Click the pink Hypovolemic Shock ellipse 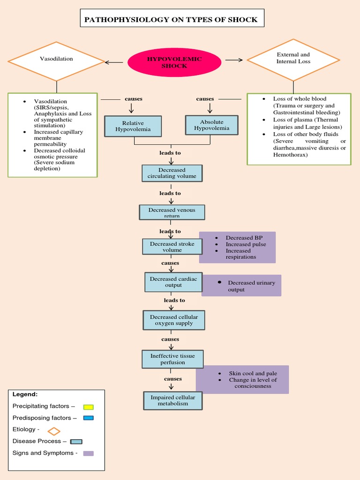point(174,62)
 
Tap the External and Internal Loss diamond point(293,60)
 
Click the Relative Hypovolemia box point(133,126)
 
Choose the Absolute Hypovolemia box point(212,125)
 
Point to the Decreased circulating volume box point(172,173)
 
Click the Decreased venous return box point(172,212)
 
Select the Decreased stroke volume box point(172,247)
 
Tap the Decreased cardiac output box point(173,282)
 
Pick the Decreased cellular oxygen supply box point(173,320)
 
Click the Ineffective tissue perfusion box point(172,359)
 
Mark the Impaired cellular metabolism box point(172,400)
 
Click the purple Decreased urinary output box point(241,285)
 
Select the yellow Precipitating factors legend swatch point(88,406)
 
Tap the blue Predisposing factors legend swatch point(88,418)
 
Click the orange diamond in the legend point(54,430)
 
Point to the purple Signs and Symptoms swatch point(88,453)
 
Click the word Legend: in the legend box point(25,394)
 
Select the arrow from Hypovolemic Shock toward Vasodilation point(114,62)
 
